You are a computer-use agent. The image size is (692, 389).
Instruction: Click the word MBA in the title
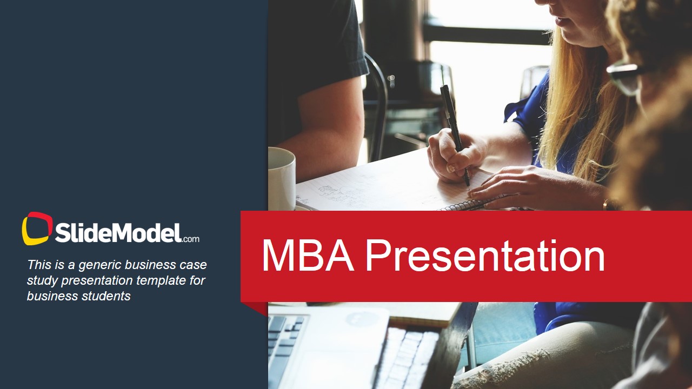(307, 256)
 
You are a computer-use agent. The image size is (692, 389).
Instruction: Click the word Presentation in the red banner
(484, 256)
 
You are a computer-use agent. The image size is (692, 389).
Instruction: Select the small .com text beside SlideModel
(191, 239)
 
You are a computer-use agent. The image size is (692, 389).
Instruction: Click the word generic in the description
(100, 265)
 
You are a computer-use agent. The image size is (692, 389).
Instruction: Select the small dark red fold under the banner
(257, 307)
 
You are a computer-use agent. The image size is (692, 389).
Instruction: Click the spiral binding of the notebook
(465, 205)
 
